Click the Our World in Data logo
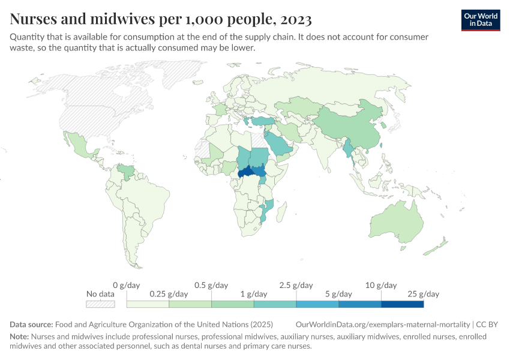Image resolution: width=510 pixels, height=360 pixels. click(480, 20)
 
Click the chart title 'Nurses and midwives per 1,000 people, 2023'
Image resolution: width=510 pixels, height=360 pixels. click(161, 20)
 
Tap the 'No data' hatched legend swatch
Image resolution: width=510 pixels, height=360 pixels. click(100, 304)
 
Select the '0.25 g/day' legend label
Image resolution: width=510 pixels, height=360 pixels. click(169, 294)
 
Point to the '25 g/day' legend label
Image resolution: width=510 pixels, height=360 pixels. click(423, 294)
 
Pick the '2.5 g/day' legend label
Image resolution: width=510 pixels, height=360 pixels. click(296, 285)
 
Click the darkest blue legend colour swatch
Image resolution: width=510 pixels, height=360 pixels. click(402, 304)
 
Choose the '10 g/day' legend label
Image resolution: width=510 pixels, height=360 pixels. click(381, 285)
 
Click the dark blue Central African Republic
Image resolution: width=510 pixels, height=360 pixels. click(248, 172)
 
